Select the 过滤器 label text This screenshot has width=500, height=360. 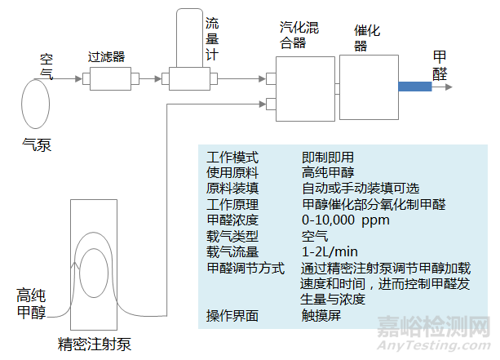pyautogui.click(x=106, y=58)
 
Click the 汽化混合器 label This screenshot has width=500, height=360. pyautogui.click(x=298, y=36)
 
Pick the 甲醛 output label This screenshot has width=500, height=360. pyautogui.click(x=440, y=64)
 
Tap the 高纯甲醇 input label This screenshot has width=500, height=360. pyautogui.click(x=31, y=301)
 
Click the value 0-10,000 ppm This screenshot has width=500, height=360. pyautogui.click(x=346, y=220)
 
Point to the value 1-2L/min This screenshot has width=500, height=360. pyautogui.click(x=330, y=251)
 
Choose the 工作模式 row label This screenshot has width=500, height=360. pyautogui.click(x=232, y=157)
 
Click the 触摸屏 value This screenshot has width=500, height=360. pyautogui.click(x=322, y=314)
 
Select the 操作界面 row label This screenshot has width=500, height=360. pyautogui.click(x=232, y=314)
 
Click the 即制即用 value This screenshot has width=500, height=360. pyautogui.click(x=328, y=157)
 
